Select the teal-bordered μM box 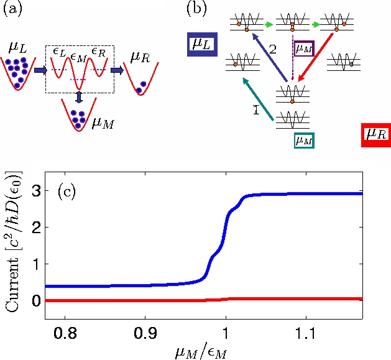tap(304, 141)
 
